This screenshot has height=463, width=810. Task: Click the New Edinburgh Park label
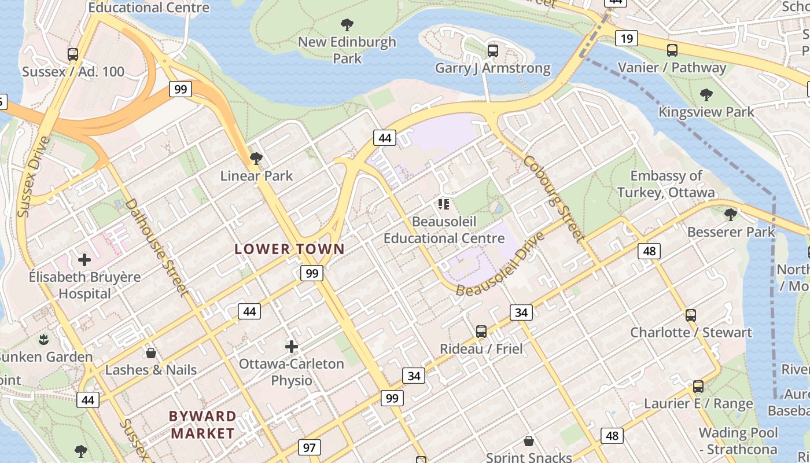347,50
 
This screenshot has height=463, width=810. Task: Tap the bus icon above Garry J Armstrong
493,51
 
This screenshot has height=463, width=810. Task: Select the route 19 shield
627,39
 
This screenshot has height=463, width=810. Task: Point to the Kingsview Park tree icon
706,95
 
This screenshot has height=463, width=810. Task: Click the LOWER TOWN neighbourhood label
289,249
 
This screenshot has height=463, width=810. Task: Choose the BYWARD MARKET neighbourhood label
203,425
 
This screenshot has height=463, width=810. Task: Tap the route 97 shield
310,447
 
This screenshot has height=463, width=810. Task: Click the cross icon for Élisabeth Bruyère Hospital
84,260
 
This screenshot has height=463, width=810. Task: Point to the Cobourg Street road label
553,197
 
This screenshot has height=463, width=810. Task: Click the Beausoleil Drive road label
500,264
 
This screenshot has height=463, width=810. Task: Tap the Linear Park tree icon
256,159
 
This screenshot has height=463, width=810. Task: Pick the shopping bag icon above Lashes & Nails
151,352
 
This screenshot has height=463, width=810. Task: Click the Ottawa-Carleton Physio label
292,372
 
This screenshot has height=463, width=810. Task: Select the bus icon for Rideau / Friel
481,332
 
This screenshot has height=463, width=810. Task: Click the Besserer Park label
731,232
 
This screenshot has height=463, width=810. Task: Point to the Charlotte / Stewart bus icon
691,315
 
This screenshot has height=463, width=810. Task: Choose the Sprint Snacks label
529,457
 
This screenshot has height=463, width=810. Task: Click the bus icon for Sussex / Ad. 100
73,54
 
